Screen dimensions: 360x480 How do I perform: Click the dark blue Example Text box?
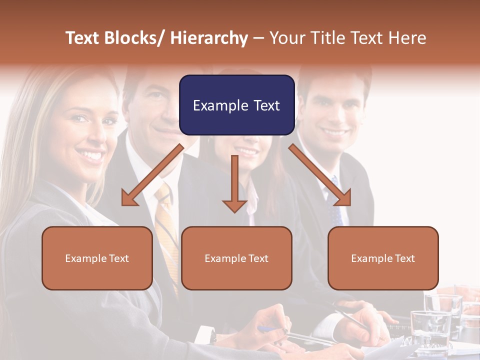click(236, 105)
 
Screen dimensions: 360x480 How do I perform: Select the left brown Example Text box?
click(97, 258)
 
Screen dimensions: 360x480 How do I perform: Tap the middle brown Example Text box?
click(236, 258)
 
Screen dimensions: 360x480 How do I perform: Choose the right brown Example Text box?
click(383, 258)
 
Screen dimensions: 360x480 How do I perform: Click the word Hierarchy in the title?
click(209, 38)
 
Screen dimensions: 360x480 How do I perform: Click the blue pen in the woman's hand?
click(267, 328)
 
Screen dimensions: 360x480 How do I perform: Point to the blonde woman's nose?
click(93, 135)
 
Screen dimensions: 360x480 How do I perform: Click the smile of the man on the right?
click(336, 133)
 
